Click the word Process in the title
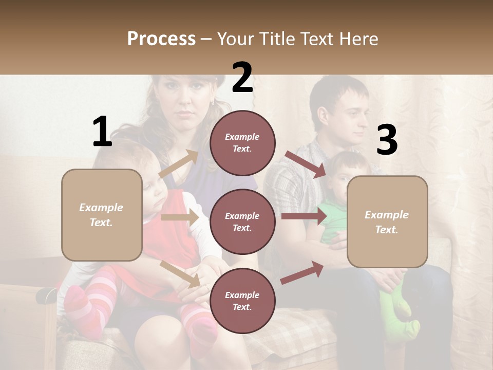[x=161, y=39]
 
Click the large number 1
[x=102, y=132]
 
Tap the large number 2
[x=242, y=78]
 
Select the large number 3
[x=387, y=140]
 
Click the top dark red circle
[x=242, y=143]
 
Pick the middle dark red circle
[x=242, y=221]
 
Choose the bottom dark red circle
[x=242, y=301]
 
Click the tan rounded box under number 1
[x=102, y=215]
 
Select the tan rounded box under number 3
[x=387, y=222]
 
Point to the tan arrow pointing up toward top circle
[x=179, y=164]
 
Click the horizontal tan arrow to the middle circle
[x=180, y=217]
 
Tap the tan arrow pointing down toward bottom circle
[x=180, y=274]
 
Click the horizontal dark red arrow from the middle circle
[x=304, y=216]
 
